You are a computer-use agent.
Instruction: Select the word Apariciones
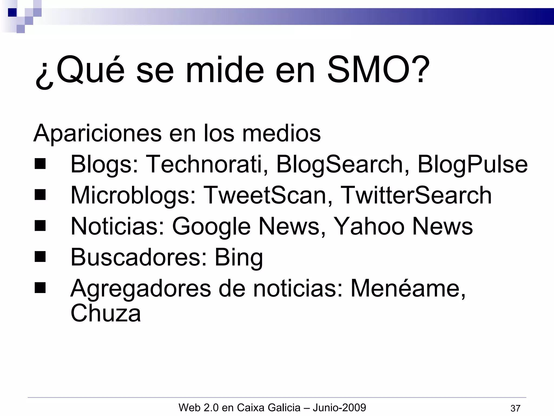(x=97, y=133)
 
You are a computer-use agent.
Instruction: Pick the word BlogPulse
(x=472, y=165)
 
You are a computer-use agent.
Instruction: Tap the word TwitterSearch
(x=415, y=195)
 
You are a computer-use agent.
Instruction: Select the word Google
(x=211, y=227)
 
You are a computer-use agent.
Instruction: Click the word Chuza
(x=105, y=313)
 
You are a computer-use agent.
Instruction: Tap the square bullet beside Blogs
(x=40, y=164)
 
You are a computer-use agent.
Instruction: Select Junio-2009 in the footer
(x=339, y=407)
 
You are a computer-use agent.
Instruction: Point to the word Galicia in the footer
(x=284, y=407)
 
